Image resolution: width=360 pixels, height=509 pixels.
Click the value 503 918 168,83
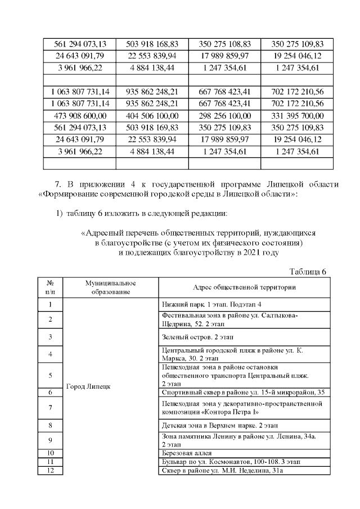point(152,44)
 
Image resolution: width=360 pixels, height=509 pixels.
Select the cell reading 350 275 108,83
point(224,44)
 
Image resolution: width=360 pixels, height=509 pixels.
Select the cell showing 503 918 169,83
point(152,127)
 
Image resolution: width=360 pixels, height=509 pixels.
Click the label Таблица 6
point(308,272)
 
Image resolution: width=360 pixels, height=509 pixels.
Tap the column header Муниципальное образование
point(111,287)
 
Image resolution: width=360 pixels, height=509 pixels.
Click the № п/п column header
point(51,287)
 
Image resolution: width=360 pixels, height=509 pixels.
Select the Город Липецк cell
point(88,386)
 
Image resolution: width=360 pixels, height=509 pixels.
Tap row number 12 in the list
point(51,470)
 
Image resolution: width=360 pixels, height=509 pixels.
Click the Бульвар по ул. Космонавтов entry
point(231,461)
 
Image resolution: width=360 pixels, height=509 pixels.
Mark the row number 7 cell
point(51,407)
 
